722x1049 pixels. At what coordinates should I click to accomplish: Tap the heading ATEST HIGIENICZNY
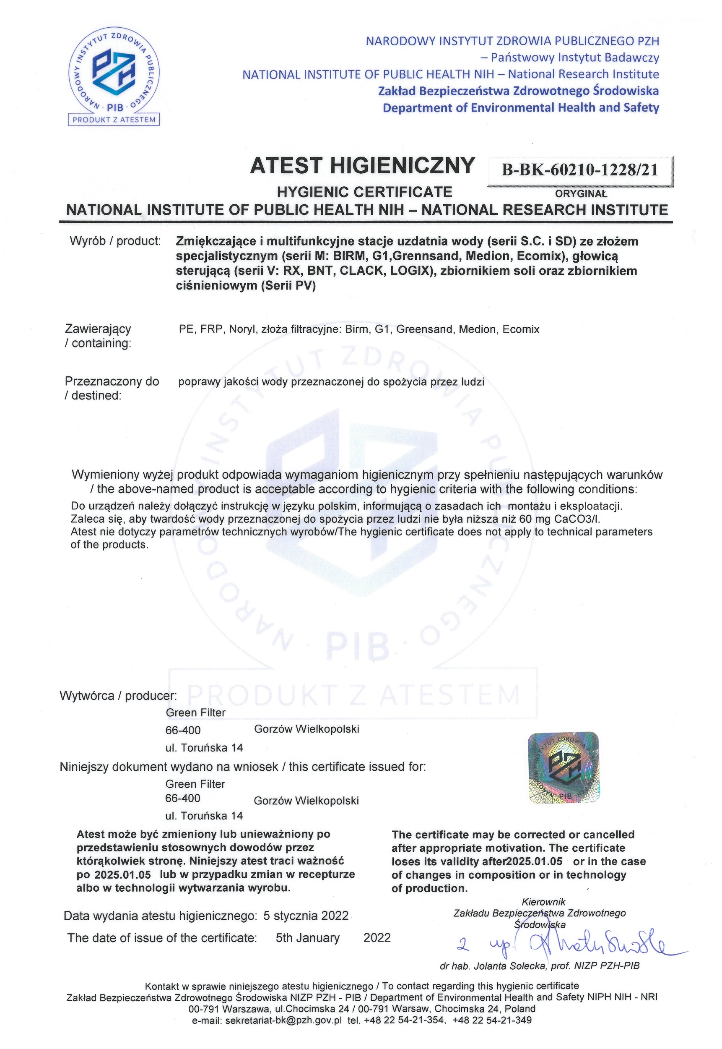coord(362,166)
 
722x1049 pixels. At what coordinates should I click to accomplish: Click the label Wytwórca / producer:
coord(118,696)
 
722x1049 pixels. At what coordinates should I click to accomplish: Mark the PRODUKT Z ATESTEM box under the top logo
coord(114,120)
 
